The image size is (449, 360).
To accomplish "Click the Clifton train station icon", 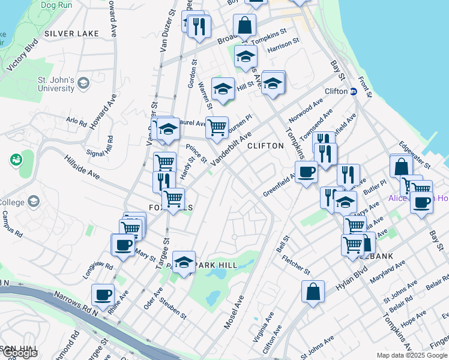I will click(x=353, y=92).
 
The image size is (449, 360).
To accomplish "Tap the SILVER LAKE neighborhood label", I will click(x=71, y=34).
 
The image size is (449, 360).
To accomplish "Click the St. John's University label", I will click(x=56, y=84).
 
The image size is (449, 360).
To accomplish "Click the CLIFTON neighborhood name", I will click(x=265, y=146).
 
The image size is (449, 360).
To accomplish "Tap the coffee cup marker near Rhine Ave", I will click(x=103, y=295).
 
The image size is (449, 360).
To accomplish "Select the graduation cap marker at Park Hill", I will click(x=184, y=262).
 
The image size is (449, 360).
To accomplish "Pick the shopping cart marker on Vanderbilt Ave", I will click(x=217, y=127).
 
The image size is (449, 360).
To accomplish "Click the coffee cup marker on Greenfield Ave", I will click(x=306, y=172).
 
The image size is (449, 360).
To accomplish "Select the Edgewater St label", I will click(x=415, y=154).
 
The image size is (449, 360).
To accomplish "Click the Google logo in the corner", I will click(x=19, y=353).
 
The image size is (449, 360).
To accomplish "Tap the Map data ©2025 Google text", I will click(x=412, y=355).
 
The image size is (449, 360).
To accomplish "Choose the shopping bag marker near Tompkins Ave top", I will click(x=244, y=25).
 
